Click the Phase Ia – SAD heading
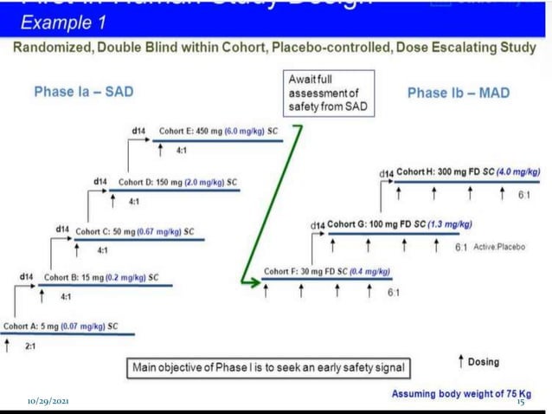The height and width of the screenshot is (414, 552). tap(83, 92)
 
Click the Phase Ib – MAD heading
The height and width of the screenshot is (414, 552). tap(458, 92)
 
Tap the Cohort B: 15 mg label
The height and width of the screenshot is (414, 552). tap(99, 278)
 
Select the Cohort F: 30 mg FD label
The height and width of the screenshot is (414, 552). tap(327, 272)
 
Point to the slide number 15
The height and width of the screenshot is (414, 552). tap(521, 403)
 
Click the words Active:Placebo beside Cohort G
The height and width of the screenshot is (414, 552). tap(499, 247)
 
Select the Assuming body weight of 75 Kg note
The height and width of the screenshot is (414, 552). tap(461, 393)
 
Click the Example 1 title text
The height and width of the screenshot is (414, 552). tap(61, 19)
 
